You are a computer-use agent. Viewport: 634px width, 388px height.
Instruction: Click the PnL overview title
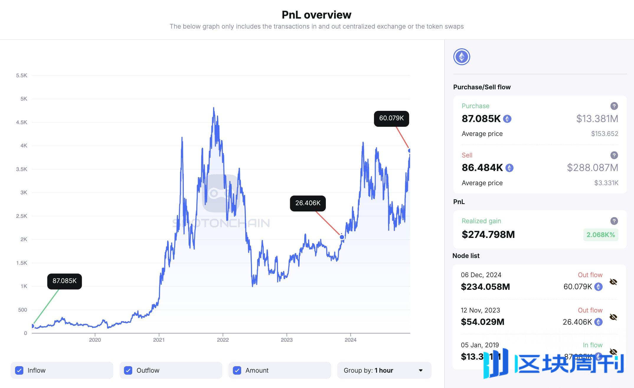pos(316,15)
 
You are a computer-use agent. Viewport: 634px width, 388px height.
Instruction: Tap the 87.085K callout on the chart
pos(64,281)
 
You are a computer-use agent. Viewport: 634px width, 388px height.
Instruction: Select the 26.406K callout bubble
pos(308,203)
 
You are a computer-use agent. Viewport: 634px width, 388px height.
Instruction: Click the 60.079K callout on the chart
pos(391,119)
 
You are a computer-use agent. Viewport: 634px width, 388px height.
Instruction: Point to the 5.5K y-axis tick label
pos(22,75)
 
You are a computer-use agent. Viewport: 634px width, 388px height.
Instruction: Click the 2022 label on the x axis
pos(223,340)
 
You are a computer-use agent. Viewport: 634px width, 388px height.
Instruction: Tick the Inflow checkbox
pos(19,370)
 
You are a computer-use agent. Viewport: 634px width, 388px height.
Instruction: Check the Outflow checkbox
pos(128,370)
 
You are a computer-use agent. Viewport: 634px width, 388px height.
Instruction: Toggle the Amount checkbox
pos(237,370)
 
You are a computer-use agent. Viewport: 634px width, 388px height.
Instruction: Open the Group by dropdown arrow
pos(421,370)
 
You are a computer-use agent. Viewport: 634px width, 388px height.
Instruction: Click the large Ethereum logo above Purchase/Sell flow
pos(462,57)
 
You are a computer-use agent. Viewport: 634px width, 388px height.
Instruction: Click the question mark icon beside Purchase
pos(614,106)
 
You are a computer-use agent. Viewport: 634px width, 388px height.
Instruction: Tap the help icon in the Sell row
pos(614,155)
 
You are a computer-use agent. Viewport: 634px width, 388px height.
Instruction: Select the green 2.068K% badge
pos(600,235)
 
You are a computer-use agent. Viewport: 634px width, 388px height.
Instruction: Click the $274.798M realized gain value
pos(488,235)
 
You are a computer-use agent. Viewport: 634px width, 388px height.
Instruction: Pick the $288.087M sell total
pos(592,168)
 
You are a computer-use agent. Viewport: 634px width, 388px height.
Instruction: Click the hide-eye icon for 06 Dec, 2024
pos(613,282)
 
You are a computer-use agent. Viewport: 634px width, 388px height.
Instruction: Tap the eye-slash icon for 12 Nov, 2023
pos(613,317)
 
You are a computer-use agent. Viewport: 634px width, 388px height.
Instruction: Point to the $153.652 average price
pos(604,134)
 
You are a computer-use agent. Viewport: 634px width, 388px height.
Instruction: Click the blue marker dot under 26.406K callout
pos(342,237)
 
